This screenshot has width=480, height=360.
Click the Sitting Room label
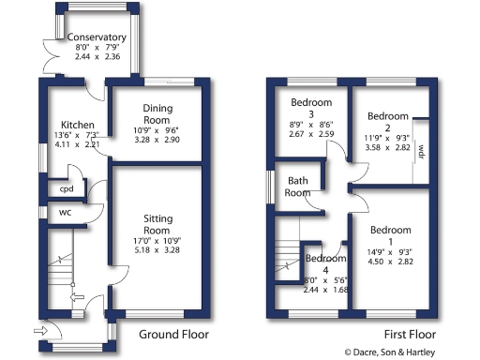[x=157, y=223]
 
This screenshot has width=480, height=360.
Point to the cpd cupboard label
[x=66, y=188]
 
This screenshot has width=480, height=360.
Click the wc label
[x=65, y=212]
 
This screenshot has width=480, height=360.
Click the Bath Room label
[x=298, y=187]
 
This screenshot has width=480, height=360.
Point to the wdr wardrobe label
[x=422, y=150]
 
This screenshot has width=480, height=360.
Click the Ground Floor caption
[x=173, y=335]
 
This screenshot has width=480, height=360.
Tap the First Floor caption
[x=410, y=335]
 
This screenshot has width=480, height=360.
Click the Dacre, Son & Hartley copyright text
[x=410, y=352]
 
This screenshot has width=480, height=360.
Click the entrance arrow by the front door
[x=39, y=330]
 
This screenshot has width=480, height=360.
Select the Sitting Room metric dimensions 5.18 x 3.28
[x=157, y=251]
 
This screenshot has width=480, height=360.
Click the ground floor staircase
[x=61, y=272]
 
